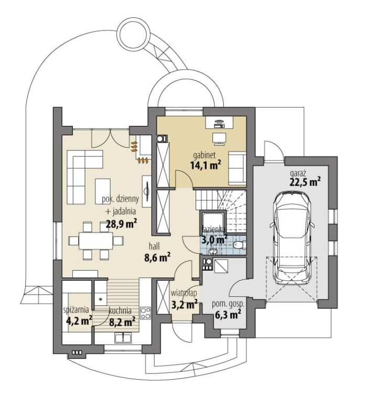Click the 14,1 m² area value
(x=206, y=165)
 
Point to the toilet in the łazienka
(x=239, y=245)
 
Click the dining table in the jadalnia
(x=96, y=241)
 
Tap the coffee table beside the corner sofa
(x=103, y=191)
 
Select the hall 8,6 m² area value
(x=157, y=258)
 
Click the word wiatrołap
(x=183, y=293)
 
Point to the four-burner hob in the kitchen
(x=145, y=313)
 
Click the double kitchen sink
(x=123, y=338)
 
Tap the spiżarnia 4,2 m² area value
(x=79, y=321)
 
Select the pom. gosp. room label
(x=228, y=304)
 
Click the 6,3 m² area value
(x=228, y=315)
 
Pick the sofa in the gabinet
(x=237, y=168)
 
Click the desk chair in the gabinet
(x=219, y=140)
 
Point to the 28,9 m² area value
(x=121, y=224)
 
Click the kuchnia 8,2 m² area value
(x=122, y=322)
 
